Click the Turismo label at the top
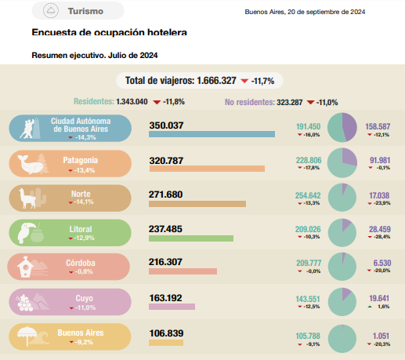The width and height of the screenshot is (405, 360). (x=85, y=11)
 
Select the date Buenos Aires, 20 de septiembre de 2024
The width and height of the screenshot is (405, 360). (x=305, y=12)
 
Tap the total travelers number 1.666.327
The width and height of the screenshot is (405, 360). (x=216, y=81)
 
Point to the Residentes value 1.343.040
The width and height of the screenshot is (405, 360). (x=132, y=101)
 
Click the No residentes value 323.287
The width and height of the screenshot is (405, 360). (x=290, y=102)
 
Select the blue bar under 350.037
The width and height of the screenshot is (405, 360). (x=212, y=134)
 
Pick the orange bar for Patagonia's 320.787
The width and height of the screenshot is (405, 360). (x=207, y=169)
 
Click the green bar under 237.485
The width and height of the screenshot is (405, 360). (x=191, y=238)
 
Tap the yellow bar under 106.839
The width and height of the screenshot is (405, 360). (x=166, y=343)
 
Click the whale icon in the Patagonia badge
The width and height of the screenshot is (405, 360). (x=30, y=164)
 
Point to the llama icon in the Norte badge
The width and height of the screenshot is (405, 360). (x=27, y=198)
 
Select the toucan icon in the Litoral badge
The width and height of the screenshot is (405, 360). (x=26, y=232)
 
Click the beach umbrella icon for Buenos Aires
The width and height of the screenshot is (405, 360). (x=27, y=335)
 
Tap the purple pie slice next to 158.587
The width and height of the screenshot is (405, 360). (x=349, y=127)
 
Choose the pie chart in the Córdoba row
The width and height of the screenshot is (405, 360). (x=342, y=267)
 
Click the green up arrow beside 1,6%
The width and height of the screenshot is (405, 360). (x=370, y=307)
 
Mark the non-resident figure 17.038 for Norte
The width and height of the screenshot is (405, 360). (x=379, y=195)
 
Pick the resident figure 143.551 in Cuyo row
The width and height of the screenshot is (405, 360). (x=308, y=299)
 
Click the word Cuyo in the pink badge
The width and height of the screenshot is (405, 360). (x=84, y=298)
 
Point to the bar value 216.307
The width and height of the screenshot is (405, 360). (x=165, y=262)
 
